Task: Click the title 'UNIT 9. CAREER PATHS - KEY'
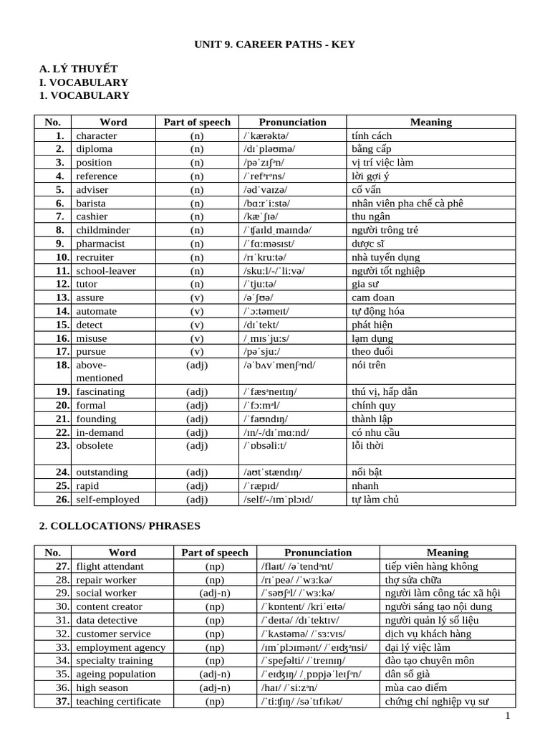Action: pyautogui.click(x=275, y=44)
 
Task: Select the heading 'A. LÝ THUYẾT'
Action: pyautogui.click(x=74, y=70)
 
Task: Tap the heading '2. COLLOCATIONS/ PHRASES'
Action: pyautogui.click(x=119, y=526)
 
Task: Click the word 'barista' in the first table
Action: pyautogui.click(x=91, y=203)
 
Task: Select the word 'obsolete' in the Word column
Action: pyautogui.click(x=95, y=445)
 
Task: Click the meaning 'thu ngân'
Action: pyautogui.click(x=372, y=216)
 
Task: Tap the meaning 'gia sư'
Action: pyautogui.click(x=365, y=284)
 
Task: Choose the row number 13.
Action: pyautogui.click(x=62, y=297)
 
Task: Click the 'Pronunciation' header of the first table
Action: pyautogui.click(x=292, y=122)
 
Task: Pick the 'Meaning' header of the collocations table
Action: pyautogui.click(x=447, y=553)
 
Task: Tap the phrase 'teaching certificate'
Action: pyautogui.click(x=118, y=701)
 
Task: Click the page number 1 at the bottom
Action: pyautogui.click(x=506, y=716)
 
